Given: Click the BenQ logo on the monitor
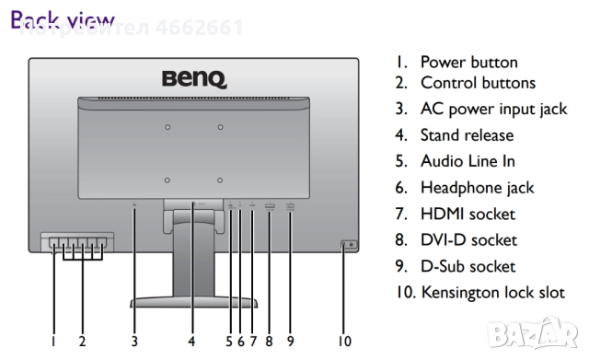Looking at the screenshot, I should (x=194, y=80).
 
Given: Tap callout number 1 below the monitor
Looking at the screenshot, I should (x=52, y=341).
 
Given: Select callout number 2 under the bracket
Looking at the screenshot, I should (x=82, y=341).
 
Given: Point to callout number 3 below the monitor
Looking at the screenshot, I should (x=134, y=341).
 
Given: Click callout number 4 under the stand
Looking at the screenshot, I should (x=192, y=341).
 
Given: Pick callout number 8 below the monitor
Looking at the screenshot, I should (x=270, y=341).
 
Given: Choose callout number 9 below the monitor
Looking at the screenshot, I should (x=291, y=341).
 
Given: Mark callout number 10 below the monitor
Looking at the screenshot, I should (x=344, y=341).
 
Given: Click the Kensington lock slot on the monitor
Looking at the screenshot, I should (x=349, y=244).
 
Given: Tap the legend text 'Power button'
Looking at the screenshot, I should (x=468, y=63).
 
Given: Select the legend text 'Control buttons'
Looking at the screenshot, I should (x=478, y=83).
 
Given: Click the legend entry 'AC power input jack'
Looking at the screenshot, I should (x=493, y=109).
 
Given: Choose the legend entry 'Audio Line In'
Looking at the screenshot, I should (x=468, y=161).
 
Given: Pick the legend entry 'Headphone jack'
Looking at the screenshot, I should (x=477, y=188).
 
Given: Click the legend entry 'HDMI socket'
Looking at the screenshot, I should (x=468, y=215).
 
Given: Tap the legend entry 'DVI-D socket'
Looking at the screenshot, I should (x=468, y=240).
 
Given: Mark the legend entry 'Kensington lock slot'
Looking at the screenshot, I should (x=492, y=293).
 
